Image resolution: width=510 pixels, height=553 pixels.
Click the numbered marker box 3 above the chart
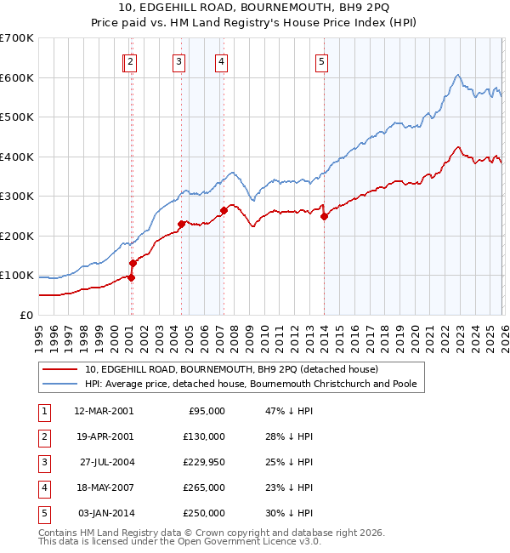click(179, 61)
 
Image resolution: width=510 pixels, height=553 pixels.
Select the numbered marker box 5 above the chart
click(322, 61)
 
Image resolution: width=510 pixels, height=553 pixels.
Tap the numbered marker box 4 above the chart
click(220, 61)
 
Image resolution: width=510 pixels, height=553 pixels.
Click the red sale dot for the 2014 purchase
click(324, 216)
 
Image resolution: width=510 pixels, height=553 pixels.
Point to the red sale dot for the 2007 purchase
click(224, 210)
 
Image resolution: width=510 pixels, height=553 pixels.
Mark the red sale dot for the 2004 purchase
click(181, 224)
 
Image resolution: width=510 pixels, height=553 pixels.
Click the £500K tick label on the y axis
click(16, 117)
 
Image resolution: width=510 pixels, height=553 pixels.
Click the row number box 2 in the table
click(42, 436)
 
